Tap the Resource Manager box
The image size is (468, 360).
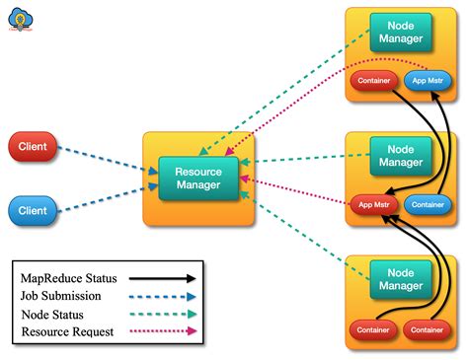(x=198, y=179)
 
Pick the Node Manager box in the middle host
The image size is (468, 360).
(x=401, y=155)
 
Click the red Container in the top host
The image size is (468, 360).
(x=373, y=81)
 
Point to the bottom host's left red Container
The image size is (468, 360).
(x=373, y=328)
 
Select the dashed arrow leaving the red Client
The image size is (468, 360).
(x=104, y=160)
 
